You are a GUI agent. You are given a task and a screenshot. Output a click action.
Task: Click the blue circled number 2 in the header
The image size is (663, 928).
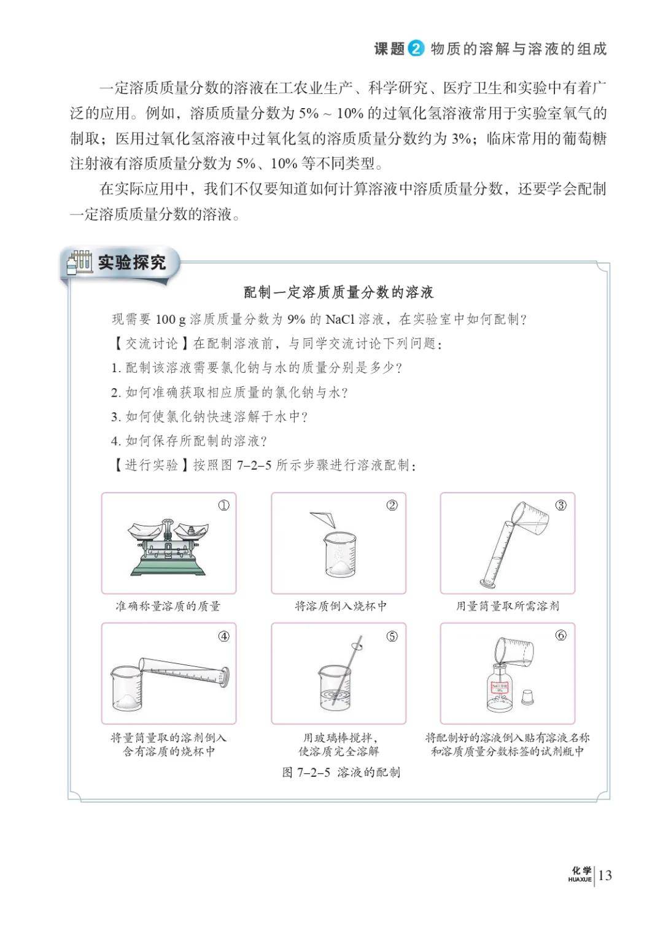(x=416, y=49)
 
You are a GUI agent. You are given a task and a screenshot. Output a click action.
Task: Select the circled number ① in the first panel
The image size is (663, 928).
(x=224, y=505)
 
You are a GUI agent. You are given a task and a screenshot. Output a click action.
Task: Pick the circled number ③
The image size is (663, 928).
(x=560, y=505)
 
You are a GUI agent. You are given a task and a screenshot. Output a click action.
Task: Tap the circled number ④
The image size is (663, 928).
(x=224, y=636)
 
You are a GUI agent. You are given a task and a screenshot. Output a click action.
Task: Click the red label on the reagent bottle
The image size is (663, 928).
(x=500, y=688)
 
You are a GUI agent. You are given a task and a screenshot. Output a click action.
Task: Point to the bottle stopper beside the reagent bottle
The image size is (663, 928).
(x=527, y=697)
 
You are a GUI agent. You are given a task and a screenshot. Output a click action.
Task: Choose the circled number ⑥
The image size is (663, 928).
(x=560, y=636)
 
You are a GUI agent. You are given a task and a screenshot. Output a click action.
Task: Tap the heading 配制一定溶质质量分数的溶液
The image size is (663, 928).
(x=339, y=292)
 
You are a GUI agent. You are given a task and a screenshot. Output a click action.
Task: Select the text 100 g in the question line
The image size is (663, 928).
(x=171, y=319)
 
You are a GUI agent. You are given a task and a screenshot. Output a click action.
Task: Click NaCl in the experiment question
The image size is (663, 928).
(x=341, y=319)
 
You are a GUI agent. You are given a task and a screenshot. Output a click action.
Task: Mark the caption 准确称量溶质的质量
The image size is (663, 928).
(x=168, y=606)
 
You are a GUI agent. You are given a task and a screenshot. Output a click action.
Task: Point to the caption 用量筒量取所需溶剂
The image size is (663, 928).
(x=508, y=606)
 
